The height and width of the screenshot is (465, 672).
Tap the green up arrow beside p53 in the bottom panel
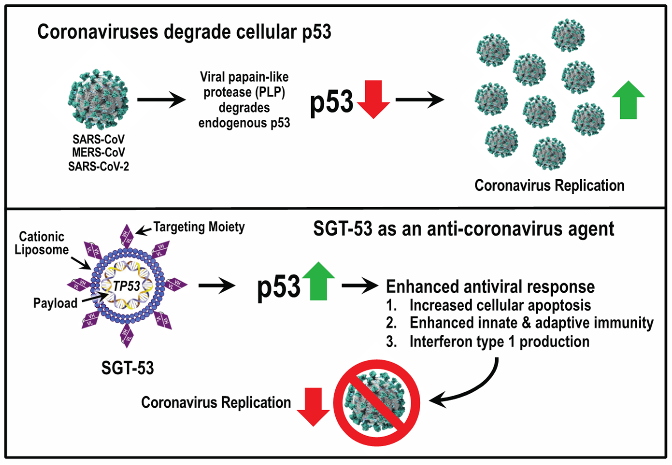[318, 281]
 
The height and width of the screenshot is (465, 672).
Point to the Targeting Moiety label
[199, 227]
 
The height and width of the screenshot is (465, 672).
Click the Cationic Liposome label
[42, 243]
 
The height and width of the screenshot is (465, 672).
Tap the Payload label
[55, 303]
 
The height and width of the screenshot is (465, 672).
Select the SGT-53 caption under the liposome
[128, 368]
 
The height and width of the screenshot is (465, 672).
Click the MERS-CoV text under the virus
[99, 152]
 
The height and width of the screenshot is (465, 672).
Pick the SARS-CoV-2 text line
[99, 166]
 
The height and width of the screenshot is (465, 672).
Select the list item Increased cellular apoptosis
[500, 305]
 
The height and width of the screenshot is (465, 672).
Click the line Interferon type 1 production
[499, 341]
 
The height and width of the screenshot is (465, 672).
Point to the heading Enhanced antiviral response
[490, 287]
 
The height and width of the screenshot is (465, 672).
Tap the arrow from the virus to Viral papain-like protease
[161, 100]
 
